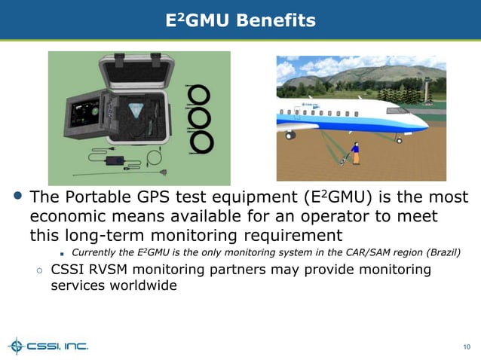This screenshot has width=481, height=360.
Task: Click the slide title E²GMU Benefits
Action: coord(240,21)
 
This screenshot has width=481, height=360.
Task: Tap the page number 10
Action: coord(466,346)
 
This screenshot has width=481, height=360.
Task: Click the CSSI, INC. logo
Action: coord(48,346)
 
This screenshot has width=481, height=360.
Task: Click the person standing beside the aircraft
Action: coord(355,153)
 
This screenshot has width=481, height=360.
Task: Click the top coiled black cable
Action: coord(200,94)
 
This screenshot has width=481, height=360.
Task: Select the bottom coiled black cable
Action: coord(201,141)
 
